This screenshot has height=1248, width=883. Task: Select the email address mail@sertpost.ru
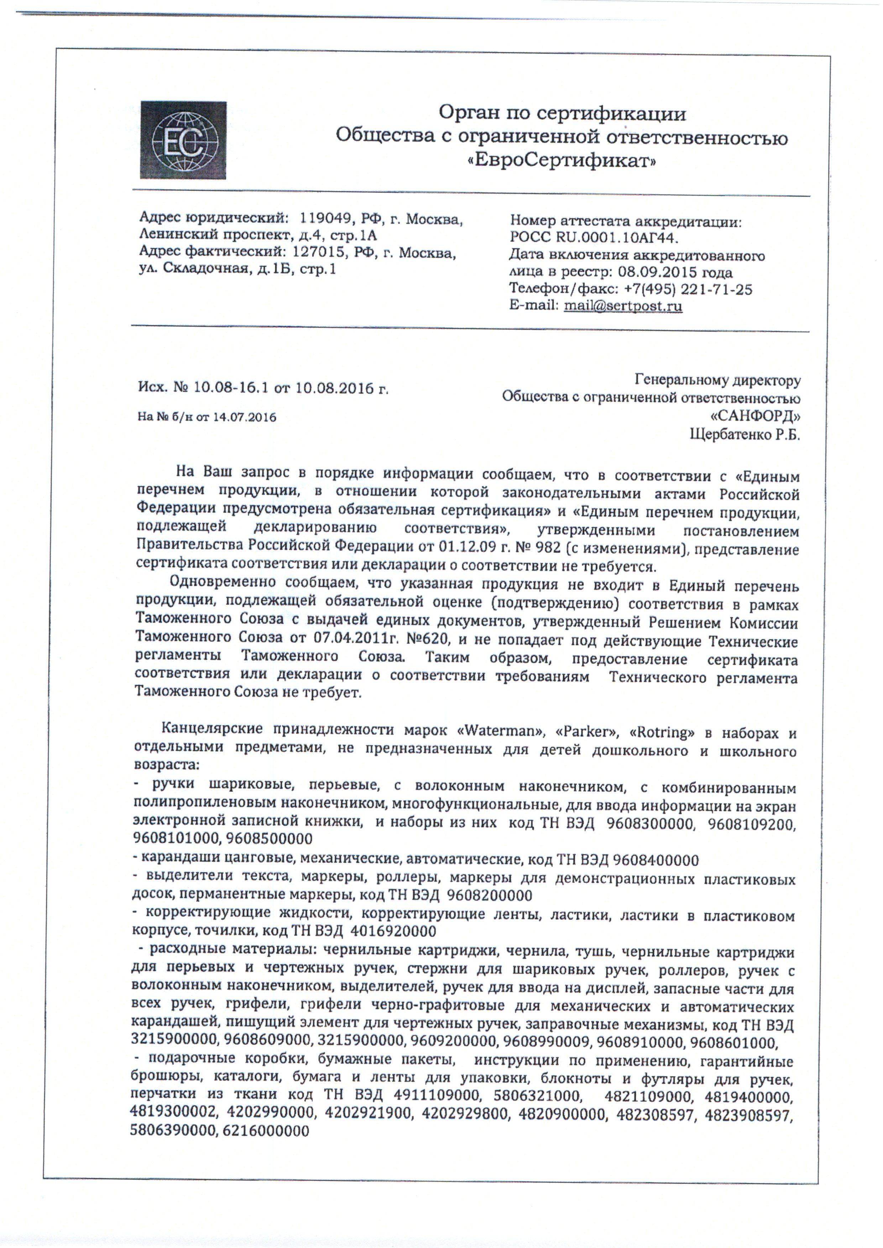pos(623,306)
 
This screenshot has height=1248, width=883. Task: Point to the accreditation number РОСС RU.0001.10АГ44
pos(595,238)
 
